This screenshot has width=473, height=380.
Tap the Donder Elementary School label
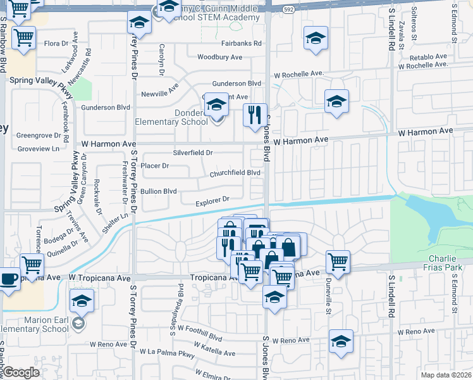click(x=172, y=118)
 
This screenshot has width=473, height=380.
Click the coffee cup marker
click(x=9, y=279)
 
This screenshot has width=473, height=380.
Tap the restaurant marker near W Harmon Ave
click(x=255, y=115)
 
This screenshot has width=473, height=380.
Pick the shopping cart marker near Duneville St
click(x=338, y=261)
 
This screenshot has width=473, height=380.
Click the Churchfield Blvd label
click(x=236, y=172)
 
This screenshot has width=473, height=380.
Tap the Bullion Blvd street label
click(x=158, y=191)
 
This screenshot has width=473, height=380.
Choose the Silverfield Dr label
click(x=193, y=153)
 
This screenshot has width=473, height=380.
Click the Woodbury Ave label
click(x=219, y=57)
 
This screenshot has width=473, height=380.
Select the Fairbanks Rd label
click(x=242, y=44)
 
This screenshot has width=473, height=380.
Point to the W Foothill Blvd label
click(x=200, y=329)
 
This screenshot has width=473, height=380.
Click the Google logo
click(x=20, y=373)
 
